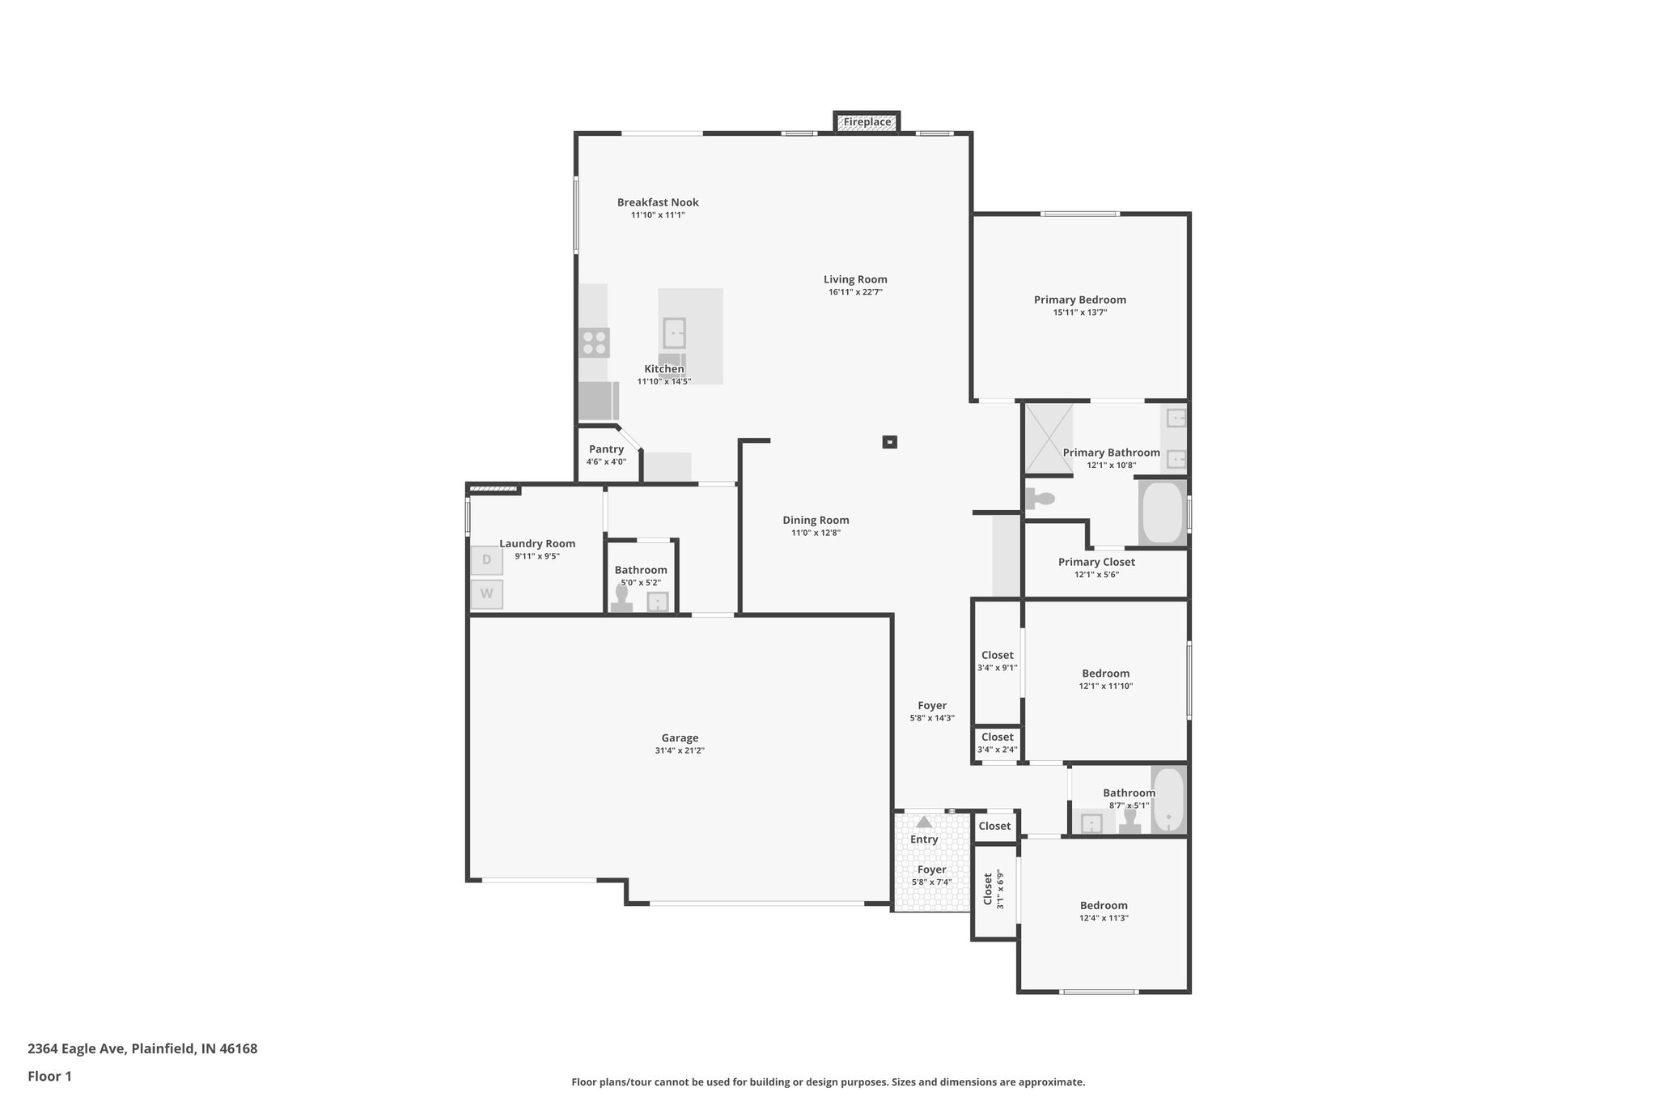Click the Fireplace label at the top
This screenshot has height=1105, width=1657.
pyautogui.click(x=867, y=122)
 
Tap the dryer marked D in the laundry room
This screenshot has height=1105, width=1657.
pyautogui.click(x=486, y=560)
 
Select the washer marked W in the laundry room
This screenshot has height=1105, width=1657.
pyautogui.click(x=486, y=594)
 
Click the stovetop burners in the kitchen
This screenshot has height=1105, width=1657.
pyautogui.click(x=595, y=342)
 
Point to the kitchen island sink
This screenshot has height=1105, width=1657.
pyautogui.click(x=674, y=333)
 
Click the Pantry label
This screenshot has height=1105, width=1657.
pyautogui.click(x=606, y=449)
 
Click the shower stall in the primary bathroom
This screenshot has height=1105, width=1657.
pyautogui.click(x=1049, y=437)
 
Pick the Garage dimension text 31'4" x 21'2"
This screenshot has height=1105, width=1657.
pyautogui.click(x=680, y=750)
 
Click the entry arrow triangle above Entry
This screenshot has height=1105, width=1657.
pyautogui.click(x=924, y=822)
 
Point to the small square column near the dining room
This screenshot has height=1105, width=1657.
pyautogui.click(x=890, y=442)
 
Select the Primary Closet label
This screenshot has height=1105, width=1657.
pyautogui.click(x=1096, y=562)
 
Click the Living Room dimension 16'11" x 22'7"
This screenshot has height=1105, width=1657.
pyautogui.click(x=855, y=292)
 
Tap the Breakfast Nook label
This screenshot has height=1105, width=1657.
pyautogui.click(x=658, y=202)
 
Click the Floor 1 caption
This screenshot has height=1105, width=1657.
pyautogui.click(x=49, y=1076)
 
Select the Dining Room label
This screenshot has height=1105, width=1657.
pyautogui.click(x=816, y=521)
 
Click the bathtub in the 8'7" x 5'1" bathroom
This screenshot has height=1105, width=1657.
pyautogui.click(x=1168, y=799)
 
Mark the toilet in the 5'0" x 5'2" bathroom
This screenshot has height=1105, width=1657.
pyautogui.click(x=621, y=597)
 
